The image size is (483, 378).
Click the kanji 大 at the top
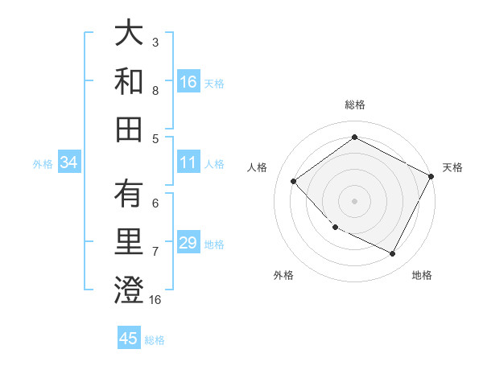pos(129,35)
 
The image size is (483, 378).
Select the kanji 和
pos(129,81)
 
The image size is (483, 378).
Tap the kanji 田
pos(129,128)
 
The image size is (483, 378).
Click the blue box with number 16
pos(188,82)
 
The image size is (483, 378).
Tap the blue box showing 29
pos(188,244)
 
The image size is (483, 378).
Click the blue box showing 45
pos(129,339)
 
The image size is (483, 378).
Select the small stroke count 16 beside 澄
pos(155,300)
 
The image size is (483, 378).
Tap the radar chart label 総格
pos(354,105)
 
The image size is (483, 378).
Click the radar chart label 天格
pos(452,167)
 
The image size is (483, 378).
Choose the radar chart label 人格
pos(258,167)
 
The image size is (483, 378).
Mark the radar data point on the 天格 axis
pos(432,175)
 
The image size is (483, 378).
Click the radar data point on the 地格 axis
pos(393,254)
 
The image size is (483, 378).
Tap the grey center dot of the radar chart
pos(354,200)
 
